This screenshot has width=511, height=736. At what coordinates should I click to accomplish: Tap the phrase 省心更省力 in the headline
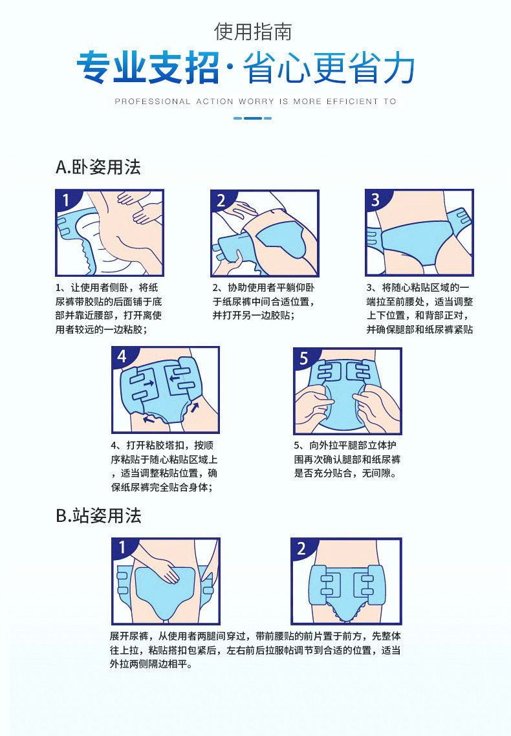click(x=329, y=69)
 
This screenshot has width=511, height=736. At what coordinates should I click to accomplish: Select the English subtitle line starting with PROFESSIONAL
click(x=255, y=102)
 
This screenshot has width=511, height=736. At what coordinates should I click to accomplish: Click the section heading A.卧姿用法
click(x=98, y=168)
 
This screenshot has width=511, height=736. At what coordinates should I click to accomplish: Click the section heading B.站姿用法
click(x=98, y=515)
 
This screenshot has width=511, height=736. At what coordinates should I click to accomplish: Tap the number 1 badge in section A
click(x=65, y=200)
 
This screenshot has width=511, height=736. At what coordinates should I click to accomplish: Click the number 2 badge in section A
click(x=221, y=200)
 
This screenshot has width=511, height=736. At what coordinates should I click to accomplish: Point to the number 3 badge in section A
click(x=375, y=200)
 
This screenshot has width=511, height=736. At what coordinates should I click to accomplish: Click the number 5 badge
click(x=304, y=357)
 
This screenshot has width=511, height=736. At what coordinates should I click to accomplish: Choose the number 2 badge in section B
click(x=301, y=548)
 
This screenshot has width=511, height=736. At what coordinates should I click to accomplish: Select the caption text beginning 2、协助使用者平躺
click(x=265, y=301)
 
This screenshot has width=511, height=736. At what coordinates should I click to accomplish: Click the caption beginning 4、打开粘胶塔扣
click(x=164, y=466)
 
